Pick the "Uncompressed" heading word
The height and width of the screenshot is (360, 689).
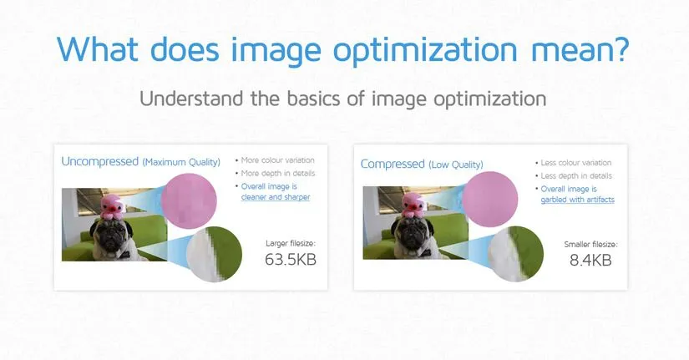tap(99, 161)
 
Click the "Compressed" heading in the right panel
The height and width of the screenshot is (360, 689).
tap(393, 164)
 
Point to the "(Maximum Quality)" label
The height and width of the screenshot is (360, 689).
tap(181, 162)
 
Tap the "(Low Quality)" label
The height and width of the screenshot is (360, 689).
tap(456, 165)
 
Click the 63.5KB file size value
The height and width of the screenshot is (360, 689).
tap(290, 260)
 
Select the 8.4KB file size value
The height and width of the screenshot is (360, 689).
tap(590, 261)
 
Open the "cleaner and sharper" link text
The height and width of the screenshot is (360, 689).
tap(275, 197)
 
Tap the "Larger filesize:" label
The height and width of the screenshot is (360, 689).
tap(290, 243)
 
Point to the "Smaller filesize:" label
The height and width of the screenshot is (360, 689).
tap(590, 245)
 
